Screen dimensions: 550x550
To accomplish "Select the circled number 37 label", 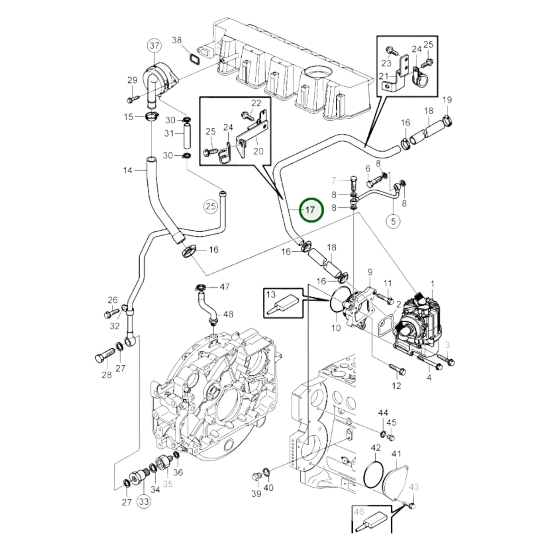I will [154, 46].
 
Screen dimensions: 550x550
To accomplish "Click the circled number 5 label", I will [393, 221].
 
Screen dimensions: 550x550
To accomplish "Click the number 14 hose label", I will [128, 170].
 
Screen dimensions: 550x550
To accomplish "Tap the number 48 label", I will [228, 314].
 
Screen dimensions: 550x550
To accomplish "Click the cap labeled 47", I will [201, 287].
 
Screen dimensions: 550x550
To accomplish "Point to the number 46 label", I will [359, 512].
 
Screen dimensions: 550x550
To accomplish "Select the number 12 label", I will [396, 386].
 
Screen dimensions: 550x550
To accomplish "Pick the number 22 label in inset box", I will [257, 103].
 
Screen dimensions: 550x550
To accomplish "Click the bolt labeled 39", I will [256, 476].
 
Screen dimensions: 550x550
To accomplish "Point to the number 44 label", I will [383, 413].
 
